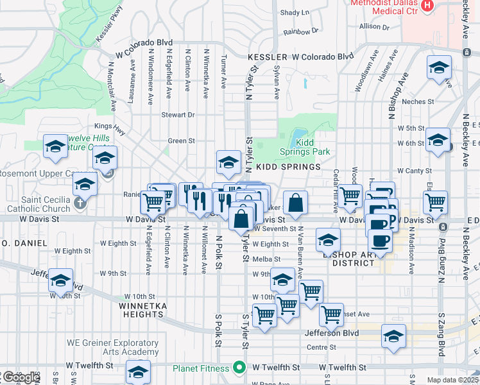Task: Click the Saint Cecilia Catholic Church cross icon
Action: pyautogui.click(x=79, y=203)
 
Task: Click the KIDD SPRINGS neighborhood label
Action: pyautogui.click(x=288, y=167)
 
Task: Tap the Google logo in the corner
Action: pyautogui.click(x=21, y=377)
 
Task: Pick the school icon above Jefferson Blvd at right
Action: pyautogui.click(x=394, y=336)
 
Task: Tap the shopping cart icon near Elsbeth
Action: pyautogui.click(x=436, y=201)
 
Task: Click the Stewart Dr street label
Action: pyautogui.click(x=178, y=115)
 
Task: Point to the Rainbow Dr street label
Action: pyautogui.click(x=301, y=31)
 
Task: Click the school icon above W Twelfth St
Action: pyautogui.click(x=138, y=372)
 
